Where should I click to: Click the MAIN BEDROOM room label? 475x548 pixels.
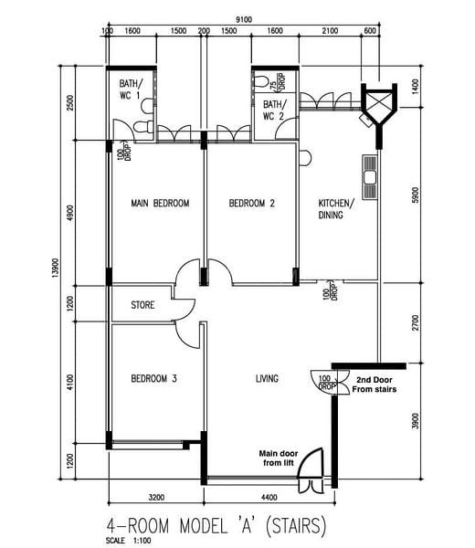click(x=160, y=203)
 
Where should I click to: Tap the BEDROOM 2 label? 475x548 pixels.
click(x=251, y=203)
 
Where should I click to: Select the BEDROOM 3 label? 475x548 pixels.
click(x=153, y=378)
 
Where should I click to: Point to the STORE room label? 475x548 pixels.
click(x=142, y=305)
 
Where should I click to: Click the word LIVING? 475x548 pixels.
click(x=267, y=378)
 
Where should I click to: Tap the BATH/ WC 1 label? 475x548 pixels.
click(x=131, y=90)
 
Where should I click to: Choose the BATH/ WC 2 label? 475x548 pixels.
click(x=275, y=111)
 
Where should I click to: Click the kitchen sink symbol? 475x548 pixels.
click(x=370, y=177)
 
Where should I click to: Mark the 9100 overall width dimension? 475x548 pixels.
click(x=244, y=19)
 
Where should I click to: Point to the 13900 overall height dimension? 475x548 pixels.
click(x=55, y=268)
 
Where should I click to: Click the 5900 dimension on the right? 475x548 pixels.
click(x=415, y=195)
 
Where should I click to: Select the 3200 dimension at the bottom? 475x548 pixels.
click(x=156, y=497)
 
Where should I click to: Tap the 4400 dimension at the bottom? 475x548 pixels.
click(x=269, y=497)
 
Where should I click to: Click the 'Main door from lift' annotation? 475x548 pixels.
click(x=279, y=458)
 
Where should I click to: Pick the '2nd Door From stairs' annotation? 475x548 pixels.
click(x=374, y=385)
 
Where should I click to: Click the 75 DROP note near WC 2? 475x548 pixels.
click(x=278, y=82)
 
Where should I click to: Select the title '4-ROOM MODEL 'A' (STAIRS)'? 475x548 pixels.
click(x=216, y=525)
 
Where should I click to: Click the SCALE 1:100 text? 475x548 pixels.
click(x=128, y=541)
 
